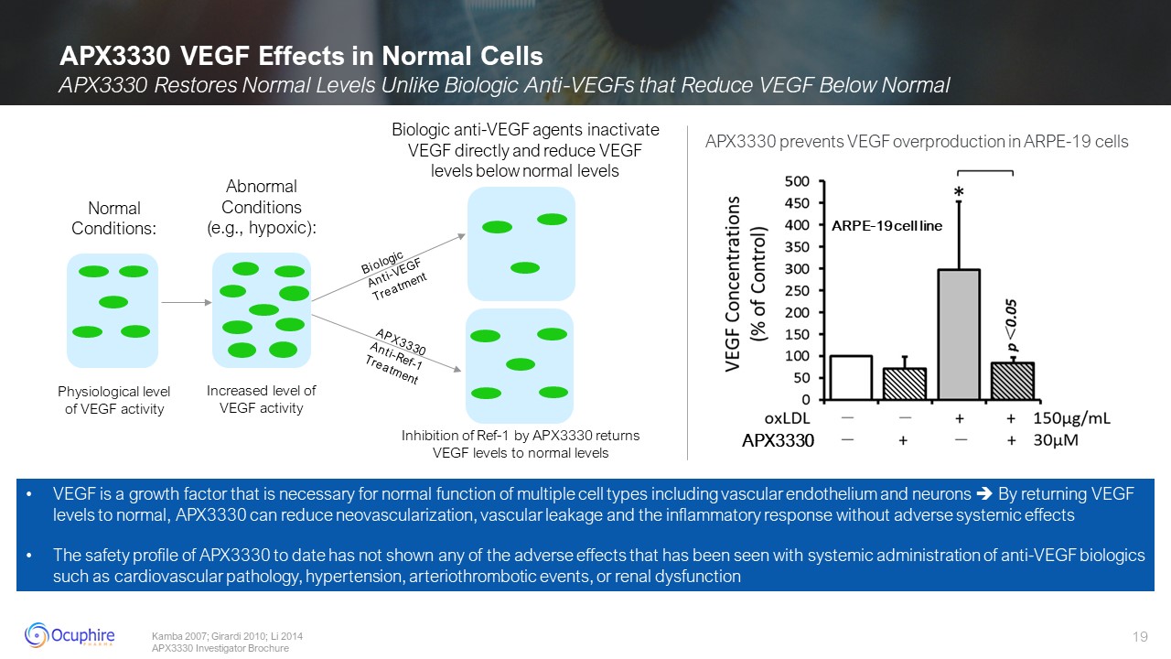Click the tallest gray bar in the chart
pyautogui.click(x=958, y=334)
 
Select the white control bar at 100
pyautogui.click(x=850, y=377)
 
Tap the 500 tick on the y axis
pyautogui.click(x=797, y=181)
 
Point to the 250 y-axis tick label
pyautogui.click(x=797, y=290)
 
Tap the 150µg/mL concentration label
pyautogui.click(x=1072, y=418)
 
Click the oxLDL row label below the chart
pyautogui.click(x=787, y=418)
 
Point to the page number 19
pyautogui.click(x=1140, y=636)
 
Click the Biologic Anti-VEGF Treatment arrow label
pyautogui.click(x=392, y=271)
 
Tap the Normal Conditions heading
pyautogui.click(x=114, y=219)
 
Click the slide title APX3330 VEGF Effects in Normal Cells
pyautogui.click(x=301, y=57)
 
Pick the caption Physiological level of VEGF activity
pyautogui.click(x=114, y=400)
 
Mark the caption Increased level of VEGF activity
pyautogui.click(x=261, y=399)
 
